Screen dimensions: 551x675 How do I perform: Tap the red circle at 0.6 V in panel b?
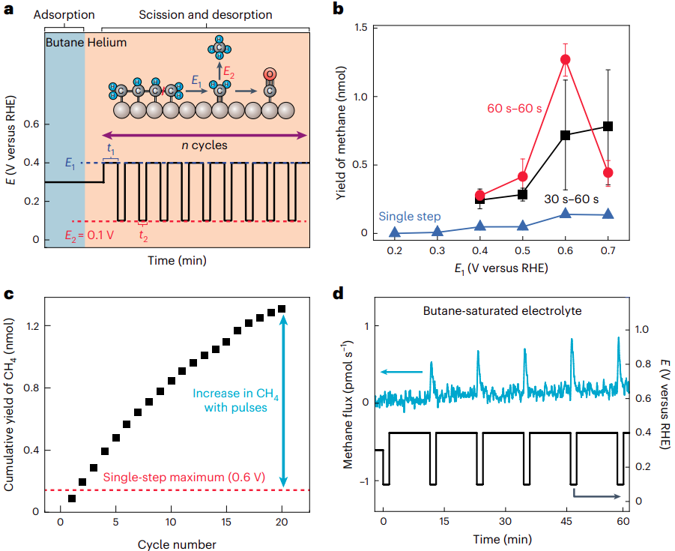tap(565, 59)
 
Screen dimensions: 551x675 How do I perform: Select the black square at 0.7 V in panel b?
tap(608, 126)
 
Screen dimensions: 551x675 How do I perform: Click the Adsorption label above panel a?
tap(65, 15)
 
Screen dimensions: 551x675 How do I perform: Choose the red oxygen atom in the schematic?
tap(270, 73)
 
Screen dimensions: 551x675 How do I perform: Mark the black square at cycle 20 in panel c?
tap(282, 309)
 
